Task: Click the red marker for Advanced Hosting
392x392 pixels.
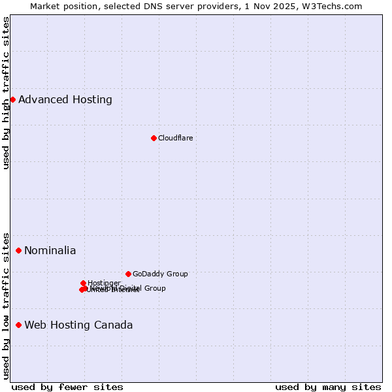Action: point(12,99)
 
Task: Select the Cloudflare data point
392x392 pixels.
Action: point(154,138)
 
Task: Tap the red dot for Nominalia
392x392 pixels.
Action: point(18,250)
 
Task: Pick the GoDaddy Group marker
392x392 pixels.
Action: point(128,274)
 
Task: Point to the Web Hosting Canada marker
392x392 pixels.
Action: point(18,325)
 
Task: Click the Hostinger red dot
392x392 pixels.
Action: point(83,283)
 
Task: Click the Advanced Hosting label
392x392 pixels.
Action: point(65,100)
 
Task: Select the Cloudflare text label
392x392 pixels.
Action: point(175,138)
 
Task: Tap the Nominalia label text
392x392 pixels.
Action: point(50,251)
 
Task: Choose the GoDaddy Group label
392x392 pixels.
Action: point(160,274)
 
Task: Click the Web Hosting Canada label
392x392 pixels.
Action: point(78,325)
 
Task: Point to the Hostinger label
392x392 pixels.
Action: point(104,283)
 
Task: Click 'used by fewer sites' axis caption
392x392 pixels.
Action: point(67,387)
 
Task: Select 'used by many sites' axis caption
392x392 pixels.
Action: point(328,387)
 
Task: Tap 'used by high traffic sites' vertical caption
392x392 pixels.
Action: point(7,93)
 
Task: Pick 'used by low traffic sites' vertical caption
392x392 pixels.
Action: point(7,305)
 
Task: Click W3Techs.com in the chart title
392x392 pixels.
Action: point(336,6)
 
